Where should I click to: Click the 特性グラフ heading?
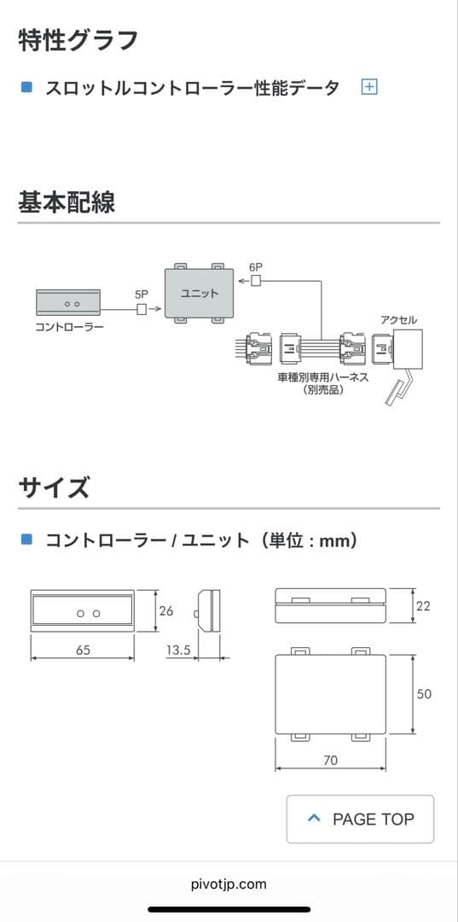pyautogui.click(x=78, y=39)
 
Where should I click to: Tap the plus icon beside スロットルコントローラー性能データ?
pyautogui.click(x=369, y=87)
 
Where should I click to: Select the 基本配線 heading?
pyautogui.click(x=67, y=202)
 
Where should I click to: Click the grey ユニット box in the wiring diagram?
pyautogui.click(x=199, y=294)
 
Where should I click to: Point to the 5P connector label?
pyautogui.click(x=142, y=294)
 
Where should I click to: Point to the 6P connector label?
pyautogui.click(x=256, y=267)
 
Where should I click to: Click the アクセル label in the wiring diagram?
pyautogui.click(x=399, y=320)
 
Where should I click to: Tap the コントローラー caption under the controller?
pyautogui.click(x=68, y=327)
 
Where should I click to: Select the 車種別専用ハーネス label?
pyautogui.click(x=322, y=376)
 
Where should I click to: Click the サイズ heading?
pyautogui.click(x=54, y=488)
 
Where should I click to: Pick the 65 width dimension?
pyautogui.click(x=83, y=651)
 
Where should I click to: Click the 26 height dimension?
pyautogui.click(x=166, y=610)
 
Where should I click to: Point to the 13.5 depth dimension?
pyautogui.click(x=177, y=651)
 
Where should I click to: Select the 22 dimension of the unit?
pyautogui.click(x=423, y=605)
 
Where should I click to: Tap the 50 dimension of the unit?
pyautogui.click(x=424, y=694)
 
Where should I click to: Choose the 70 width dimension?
pyautogui.click(x=330, y=760)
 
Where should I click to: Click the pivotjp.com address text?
pyautogui.click(x=229, y=884)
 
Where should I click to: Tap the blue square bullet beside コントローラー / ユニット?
pyautogui.click(x=26, y=540)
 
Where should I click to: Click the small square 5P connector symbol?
pyautogui.click(x=142, y=309)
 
